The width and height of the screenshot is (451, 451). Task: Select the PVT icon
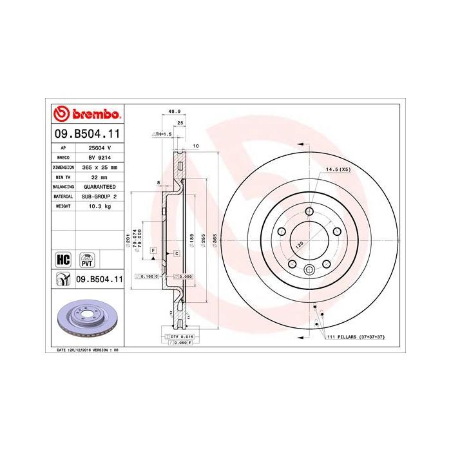click(x=86, y=260)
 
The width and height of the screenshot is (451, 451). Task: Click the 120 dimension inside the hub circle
click(x=300, y=245)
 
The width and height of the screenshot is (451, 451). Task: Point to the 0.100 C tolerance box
click(x=146, y=276)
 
